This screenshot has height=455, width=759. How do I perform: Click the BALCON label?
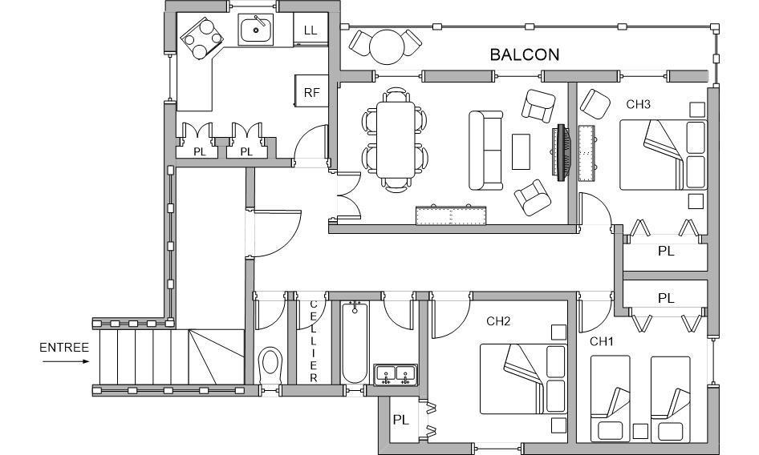[x=524, y=54]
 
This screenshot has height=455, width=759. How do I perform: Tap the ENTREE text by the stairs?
[x=64, y=348]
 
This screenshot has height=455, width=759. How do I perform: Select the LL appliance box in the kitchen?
[x=310, y=30]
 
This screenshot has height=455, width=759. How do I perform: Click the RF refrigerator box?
[x=311, y=91]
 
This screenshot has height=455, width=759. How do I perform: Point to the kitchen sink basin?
[x=256, y=30]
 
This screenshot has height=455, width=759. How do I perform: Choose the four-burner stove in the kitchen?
[x=202, y=38]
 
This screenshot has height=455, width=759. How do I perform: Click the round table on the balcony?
[x=386, y=46]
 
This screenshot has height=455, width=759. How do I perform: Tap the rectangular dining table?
[x=396, y=139]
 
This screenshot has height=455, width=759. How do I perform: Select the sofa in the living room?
[x=486, y=151]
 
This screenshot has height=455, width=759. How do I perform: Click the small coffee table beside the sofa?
[x=521, y=152]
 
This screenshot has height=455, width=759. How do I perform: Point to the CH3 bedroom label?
[x=638, y=104]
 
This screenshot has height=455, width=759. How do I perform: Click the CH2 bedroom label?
[x=498, y=321]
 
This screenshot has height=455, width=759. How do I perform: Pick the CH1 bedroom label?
[x=602, y=342]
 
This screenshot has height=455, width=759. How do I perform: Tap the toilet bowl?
[x=270, y=364]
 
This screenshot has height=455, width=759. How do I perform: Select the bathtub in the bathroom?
[x=355, y=342]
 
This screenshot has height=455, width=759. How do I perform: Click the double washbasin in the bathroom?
[x=396, y=375]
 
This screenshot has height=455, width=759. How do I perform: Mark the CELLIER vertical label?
[x=313, y=341]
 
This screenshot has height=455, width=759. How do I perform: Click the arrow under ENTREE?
[x=65, y=361]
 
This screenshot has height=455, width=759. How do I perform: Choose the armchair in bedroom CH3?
[x=595, y=104]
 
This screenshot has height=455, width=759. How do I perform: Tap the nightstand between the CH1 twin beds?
[x=640, y=431]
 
